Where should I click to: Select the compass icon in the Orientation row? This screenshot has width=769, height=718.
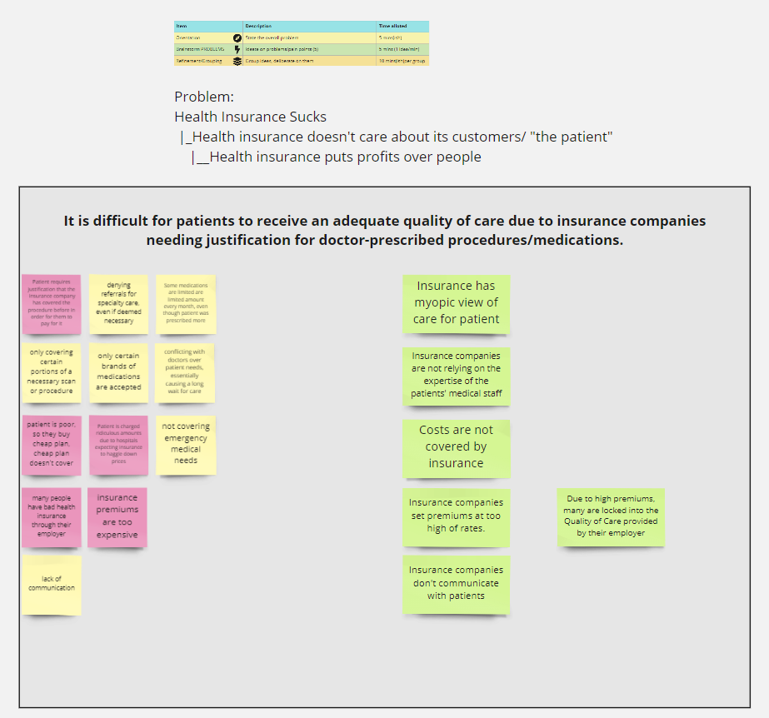(237, 37)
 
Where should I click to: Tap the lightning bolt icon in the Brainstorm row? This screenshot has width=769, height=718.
(237, 49)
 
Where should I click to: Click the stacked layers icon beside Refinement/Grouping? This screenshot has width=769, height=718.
(237, 61)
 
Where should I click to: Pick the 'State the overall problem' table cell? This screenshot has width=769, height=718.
(272, 37)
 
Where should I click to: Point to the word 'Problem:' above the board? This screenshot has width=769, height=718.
(204, 97)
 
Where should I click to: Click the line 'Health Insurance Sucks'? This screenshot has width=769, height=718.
(250, 117)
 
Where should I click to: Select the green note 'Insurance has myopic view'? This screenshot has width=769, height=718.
(456, 302)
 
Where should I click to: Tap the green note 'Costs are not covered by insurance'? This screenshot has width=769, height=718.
(456, 447)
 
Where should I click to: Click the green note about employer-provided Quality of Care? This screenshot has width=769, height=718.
(611, 516)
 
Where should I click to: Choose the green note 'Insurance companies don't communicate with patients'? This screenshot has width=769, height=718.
(456, 583)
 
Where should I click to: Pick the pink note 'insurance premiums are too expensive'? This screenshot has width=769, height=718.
(117, 516)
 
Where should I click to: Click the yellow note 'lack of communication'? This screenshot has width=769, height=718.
(52, 583)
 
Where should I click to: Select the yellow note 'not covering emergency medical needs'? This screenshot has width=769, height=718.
(186, 443)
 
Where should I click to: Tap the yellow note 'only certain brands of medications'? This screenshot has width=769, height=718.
(118, 371)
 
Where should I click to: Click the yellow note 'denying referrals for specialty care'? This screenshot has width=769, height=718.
(118, 302)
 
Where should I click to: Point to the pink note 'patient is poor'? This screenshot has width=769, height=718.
(52, 443)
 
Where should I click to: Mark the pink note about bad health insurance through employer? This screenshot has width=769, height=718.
(52, 516)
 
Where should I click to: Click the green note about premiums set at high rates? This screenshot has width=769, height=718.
(456, 516)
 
